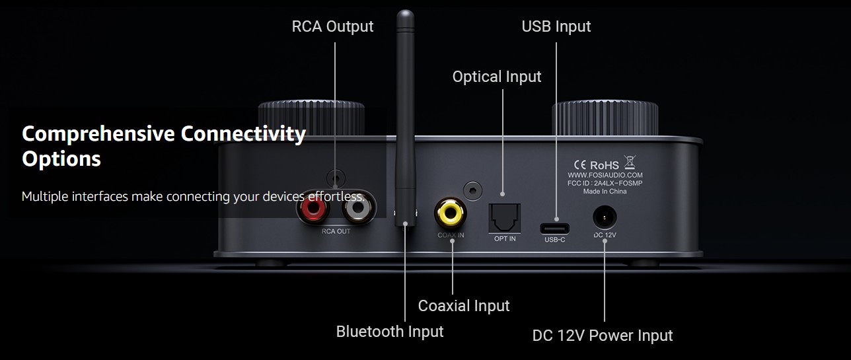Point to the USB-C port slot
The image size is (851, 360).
(555, 228)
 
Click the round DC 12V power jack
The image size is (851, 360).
(605, 217)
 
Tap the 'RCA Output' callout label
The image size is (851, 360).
(332, 26)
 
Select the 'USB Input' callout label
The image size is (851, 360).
(556, 26)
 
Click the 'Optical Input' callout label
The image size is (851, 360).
(497, 77)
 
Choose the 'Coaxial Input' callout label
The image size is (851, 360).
(464, 306)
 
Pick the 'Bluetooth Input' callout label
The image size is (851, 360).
(390, 331)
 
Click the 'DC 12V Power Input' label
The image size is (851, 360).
(603, 336)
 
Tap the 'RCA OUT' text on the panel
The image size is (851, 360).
(336, 232)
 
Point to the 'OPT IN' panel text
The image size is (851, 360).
(505, 238)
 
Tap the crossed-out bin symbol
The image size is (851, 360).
(629, 162)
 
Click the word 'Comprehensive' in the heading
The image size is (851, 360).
(99, 134)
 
